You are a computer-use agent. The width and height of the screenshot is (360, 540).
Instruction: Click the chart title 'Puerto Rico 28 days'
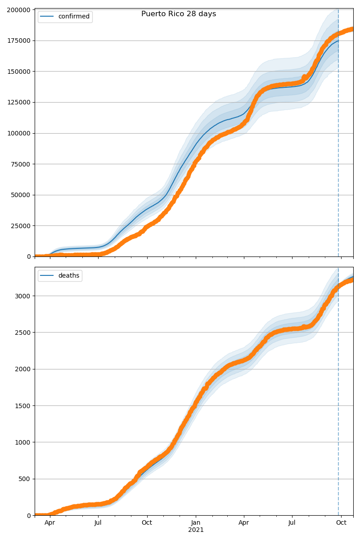point(179,14)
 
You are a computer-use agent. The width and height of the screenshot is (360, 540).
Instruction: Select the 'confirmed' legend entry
point(74,17)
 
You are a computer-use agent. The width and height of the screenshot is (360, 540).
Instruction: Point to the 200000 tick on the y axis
point(20,10)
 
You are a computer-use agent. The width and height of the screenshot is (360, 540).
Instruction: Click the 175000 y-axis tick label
point(20,40)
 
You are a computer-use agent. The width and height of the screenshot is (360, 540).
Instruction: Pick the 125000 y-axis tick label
point(20,102)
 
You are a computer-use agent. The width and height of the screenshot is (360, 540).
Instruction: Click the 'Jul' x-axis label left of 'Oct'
point(98,523)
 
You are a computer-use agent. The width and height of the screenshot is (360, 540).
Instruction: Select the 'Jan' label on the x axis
point(196,523)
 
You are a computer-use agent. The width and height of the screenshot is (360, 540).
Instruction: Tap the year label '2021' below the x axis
point(196,530)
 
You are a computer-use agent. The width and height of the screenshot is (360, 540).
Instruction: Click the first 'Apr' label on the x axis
point(49,523)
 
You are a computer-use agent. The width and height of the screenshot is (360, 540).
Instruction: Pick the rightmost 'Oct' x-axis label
point(342,523)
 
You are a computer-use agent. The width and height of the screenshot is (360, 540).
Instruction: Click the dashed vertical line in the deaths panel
point(338,405)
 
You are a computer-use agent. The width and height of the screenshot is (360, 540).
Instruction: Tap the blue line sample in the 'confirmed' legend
point(47,17)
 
